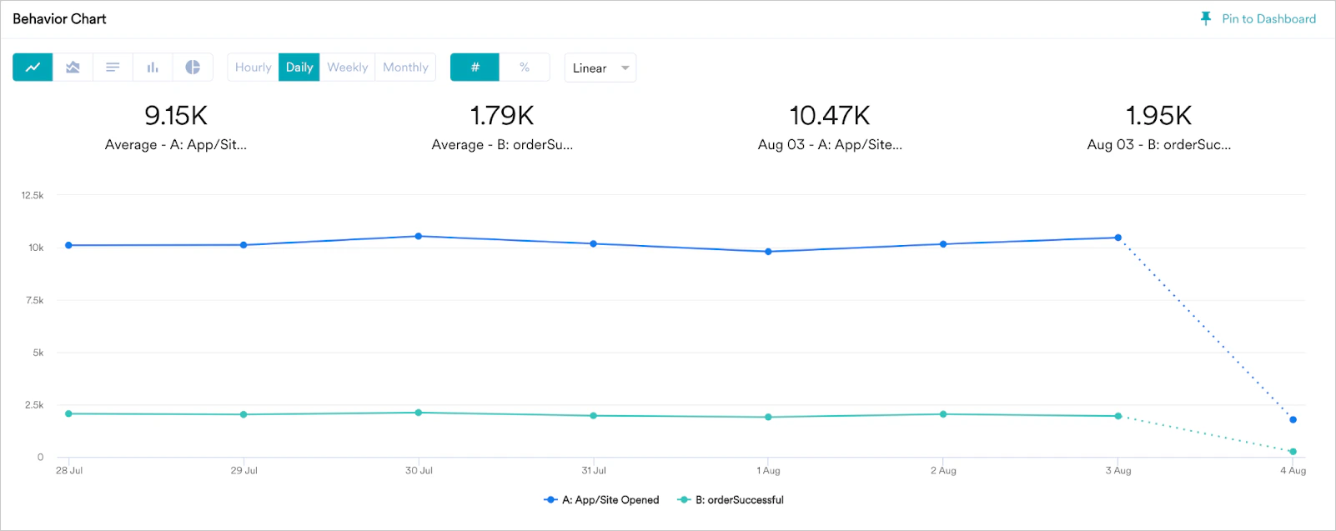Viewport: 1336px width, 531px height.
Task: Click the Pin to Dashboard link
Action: tap(1259, 19)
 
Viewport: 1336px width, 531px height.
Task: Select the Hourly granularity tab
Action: tap(253, 68)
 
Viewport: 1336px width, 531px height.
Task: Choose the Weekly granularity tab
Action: tap(347, 68)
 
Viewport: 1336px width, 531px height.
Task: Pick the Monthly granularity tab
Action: tap(405, 68)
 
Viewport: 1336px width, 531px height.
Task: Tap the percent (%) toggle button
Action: tap(525, 68)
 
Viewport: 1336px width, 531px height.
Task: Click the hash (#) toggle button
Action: tap(475, 68)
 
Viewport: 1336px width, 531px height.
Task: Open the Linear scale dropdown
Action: tap(600, 68)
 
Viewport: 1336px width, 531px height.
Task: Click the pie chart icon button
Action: tap(193, 68)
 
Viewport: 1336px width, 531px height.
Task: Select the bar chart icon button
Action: tap(153, 68)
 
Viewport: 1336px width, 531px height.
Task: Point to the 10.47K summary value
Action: tap(830, 115)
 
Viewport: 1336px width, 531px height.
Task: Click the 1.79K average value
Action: tap(502, 115)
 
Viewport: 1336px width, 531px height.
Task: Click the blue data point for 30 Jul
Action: tap(419, 237)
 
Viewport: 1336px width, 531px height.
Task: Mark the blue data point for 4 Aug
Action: tap(1293, 419)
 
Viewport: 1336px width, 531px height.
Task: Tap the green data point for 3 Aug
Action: tap(1118, 416)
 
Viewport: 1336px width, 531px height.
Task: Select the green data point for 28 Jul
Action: tap(69, 413)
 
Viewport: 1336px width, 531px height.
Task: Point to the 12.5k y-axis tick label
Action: tap(33, 195)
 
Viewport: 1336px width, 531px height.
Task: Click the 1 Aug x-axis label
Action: tap(768, 470)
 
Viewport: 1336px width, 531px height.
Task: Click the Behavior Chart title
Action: tap(60, 19)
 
